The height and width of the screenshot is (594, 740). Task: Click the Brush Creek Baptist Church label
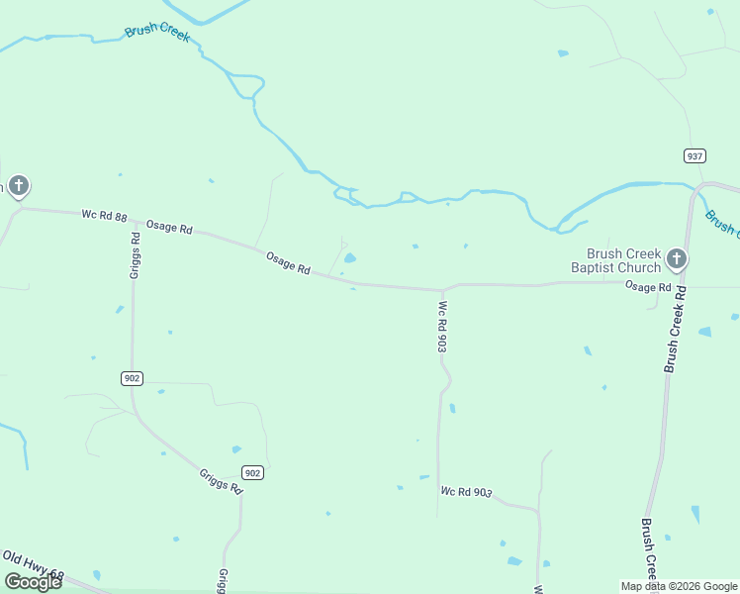tap(615, 260)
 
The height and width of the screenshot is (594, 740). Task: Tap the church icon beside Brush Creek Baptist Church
tap(676, 259)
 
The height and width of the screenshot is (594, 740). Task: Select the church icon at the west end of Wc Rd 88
tap(18, 185)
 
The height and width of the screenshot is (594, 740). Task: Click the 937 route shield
tap(694, 155)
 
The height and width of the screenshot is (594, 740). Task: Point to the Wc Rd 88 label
tap(104, 216)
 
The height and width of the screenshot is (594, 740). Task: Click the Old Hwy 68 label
tap(33, 564)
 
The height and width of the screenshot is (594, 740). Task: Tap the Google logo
tap(33, 581)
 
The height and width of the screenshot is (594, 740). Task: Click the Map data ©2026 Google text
tap(679, 586)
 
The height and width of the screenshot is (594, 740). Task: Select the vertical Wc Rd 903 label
tap(443, 327)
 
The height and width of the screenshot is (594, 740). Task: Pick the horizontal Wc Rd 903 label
tap(466, 492)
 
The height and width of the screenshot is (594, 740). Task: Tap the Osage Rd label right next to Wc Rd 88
tap(169, 227)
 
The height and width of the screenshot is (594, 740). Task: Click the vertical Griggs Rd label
tap(136, 254)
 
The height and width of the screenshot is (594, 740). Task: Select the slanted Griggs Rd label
tap(221, 481)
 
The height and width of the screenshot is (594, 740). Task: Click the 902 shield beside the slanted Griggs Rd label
tap(252, 473)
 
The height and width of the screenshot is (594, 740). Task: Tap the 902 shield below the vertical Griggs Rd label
tap(133, 378)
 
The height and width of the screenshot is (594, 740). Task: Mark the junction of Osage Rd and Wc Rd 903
tap(442, 290)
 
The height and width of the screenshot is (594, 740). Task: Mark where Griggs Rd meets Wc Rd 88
tap(134, 221)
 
